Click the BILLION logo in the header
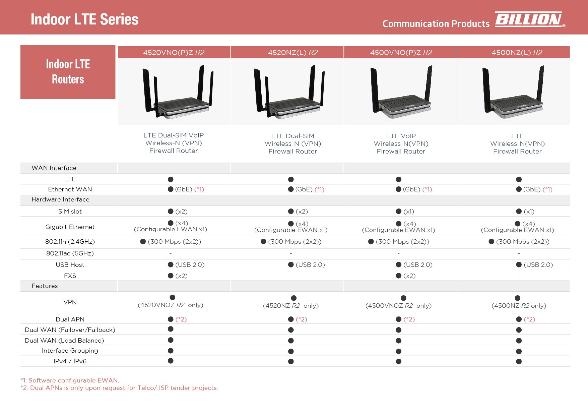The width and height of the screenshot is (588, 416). pos(529,19)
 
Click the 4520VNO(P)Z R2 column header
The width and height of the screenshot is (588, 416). pos(174,52)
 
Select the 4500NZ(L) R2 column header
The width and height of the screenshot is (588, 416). pos(517,52)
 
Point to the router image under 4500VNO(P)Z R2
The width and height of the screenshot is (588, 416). pos(401,92)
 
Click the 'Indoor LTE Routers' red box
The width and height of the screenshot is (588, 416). pos(68,72)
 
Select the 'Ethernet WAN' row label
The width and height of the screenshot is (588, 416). pos(70,189)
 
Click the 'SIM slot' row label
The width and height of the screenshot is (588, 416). pos(70,212)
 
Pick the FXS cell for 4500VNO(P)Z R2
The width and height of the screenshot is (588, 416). pos(405,276)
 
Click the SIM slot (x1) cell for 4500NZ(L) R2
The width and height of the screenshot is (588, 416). pos(525,212)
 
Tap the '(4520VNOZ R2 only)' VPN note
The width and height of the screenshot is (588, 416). pos(171,305)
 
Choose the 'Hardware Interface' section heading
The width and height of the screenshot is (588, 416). pos(60,199)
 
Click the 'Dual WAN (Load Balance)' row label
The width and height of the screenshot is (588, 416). pos(64,341)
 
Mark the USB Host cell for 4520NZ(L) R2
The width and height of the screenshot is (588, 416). pos(306,265)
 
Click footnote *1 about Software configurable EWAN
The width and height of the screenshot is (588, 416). pos(70,380)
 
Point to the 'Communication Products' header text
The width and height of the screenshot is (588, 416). pos(436,24)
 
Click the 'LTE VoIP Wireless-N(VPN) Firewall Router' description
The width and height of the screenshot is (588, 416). pos(401,144)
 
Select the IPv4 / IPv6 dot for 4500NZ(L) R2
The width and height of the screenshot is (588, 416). pos(519,361)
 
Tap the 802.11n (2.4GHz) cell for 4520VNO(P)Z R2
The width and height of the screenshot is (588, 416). pos(171,242)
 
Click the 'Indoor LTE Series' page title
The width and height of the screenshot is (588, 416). pos(84,19)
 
